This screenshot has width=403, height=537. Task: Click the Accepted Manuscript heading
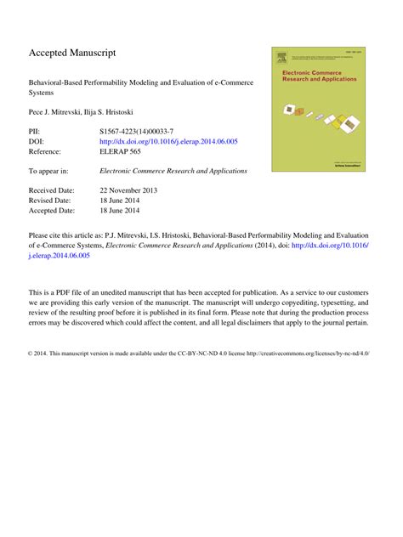pyautogui.click(x=72, y=53)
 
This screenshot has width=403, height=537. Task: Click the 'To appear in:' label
pyautogui.click(x=48, y=171)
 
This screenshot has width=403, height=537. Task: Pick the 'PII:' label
pyautogui.click(x=37, y=133)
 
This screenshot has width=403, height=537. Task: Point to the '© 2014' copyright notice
pyautogui.click(x=42, y=351)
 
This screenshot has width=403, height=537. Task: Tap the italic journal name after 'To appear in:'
pyautogui.click(x=173, y=171)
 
